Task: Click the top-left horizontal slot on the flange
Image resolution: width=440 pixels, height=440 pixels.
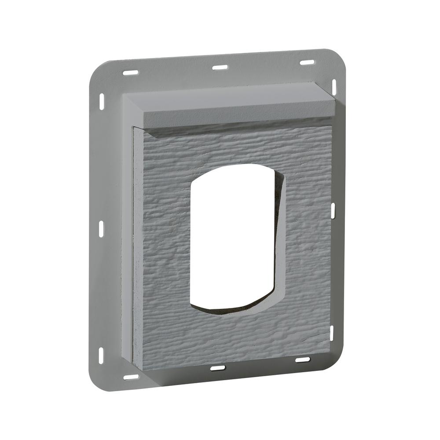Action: (131, 72)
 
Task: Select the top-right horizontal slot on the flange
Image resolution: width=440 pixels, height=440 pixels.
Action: (306, 63)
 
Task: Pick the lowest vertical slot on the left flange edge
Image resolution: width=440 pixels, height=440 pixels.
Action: (101, 353)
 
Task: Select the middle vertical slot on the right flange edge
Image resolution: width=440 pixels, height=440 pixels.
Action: (333, 209)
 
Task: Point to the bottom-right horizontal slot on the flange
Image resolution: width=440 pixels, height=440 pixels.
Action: (302, 359)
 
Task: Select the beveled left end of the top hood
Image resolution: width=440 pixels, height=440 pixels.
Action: (134, 110)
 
